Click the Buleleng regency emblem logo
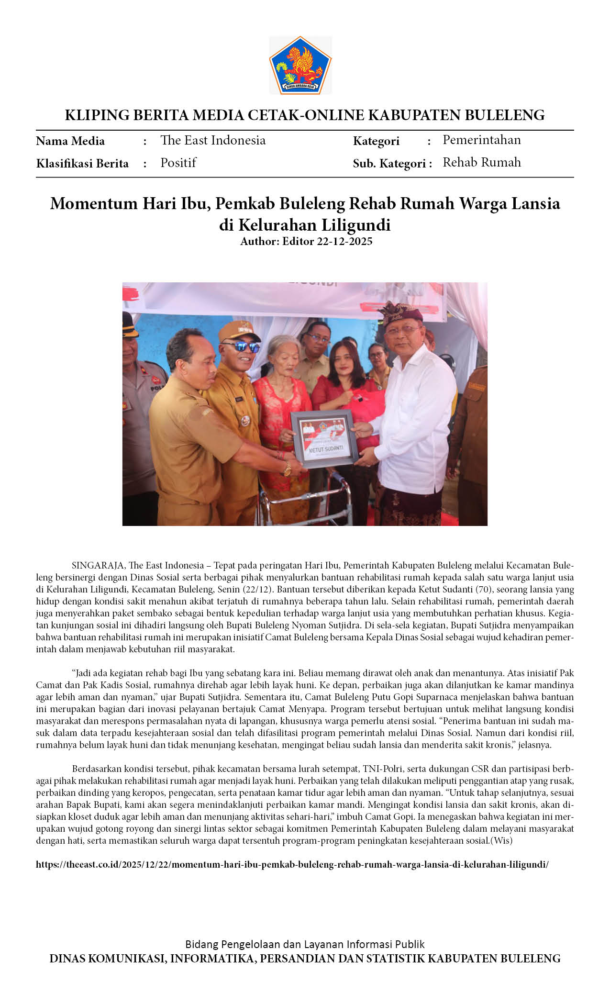tap(300, 65)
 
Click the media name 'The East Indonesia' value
tap(213, 140)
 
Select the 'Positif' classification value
tap(178, 163)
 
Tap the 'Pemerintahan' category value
tap(481, 140)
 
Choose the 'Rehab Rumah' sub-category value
tap(481, 162)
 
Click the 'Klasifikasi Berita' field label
tap(82, 164)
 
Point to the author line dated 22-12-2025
tap(306, 241)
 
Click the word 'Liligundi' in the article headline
tap(356, 224)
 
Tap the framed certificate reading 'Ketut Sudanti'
tap(324, 438)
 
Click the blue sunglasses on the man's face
tap(240, 346)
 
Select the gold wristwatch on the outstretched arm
tap(287, 469)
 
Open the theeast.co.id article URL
tap(292, 864)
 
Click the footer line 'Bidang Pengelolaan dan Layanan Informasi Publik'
tap(305, 944)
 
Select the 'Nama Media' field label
tap(70, 141)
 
